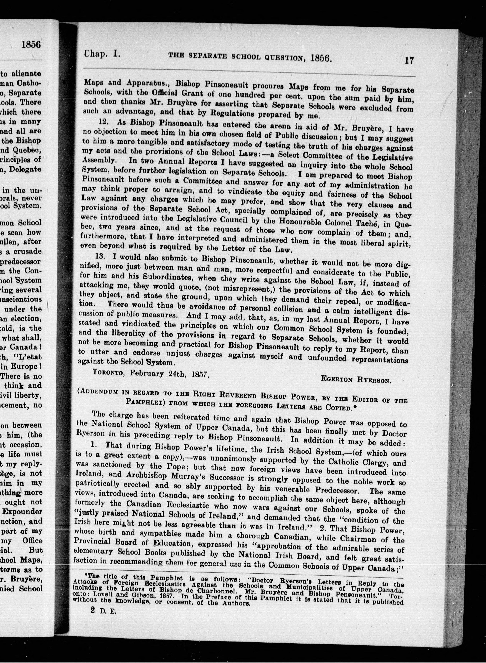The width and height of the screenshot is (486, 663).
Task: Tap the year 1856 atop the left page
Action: [31, 44]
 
